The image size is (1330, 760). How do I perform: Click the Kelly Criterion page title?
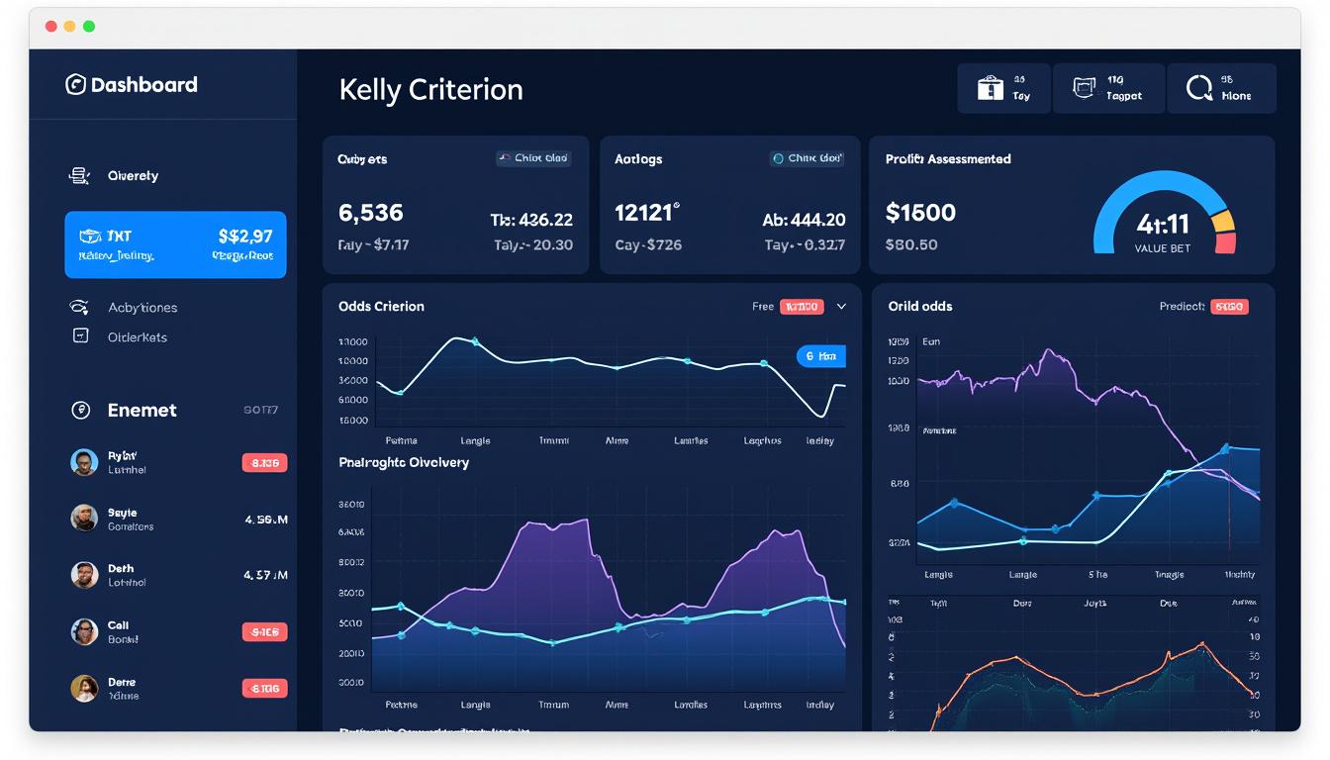430,90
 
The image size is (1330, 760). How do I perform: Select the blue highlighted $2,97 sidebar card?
175,244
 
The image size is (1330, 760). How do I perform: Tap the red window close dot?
51,27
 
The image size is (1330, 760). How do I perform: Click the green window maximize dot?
89,27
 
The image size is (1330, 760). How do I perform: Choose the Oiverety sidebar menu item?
133,176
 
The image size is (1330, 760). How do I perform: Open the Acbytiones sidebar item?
142,308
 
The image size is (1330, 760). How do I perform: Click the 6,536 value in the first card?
371,213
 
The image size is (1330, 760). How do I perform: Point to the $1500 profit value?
920,213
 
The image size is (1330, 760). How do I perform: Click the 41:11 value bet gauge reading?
1163,224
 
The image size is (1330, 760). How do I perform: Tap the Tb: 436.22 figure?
531,220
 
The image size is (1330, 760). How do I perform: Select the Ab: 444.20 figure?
804,220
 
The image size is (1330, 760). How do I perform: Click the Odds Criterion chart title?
381,307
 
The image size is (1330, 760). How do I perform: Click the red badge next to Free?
802,307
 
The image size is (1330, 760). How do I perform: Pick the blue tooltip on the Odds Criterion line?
820,356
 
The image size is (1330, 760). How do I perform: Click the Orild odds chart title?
920,307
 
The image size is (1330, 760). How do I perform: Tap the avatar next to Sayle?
84,518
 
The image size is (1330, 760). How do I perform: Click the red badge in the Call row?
264,631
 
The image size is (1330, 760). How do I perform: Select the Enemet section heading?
142,411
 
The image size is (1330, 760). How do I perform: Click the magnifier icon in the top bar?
1198,88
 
